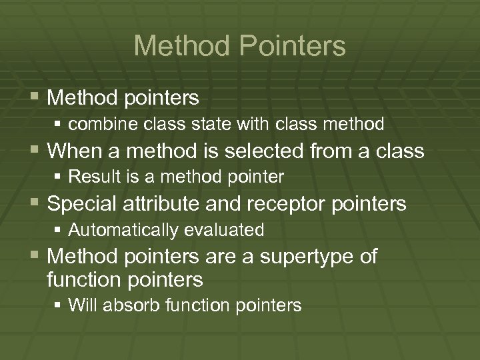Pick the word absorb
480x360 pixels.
[123, 306]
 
